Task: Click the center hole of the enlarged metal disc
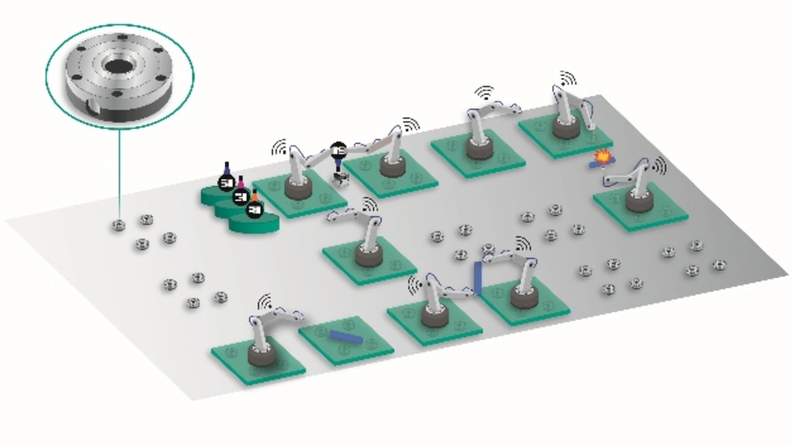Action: (x=118, y=66)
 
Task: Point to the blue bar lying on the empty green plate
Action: (x=345, y=337)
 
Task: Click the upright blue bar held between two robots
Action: (x=478, y=278)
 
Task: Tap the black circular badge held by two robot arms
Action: (x=338, y=149)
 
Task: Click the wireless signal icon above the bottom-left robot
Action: (x=265, y=301)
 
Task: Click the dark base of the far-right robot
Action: (x=639, y=202)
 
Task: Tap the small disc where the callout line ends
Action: (x=119, y=225)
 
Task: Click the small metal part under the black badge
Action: (x=340, y=179)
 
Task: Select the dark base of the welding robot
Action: (x=566, y=128)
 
